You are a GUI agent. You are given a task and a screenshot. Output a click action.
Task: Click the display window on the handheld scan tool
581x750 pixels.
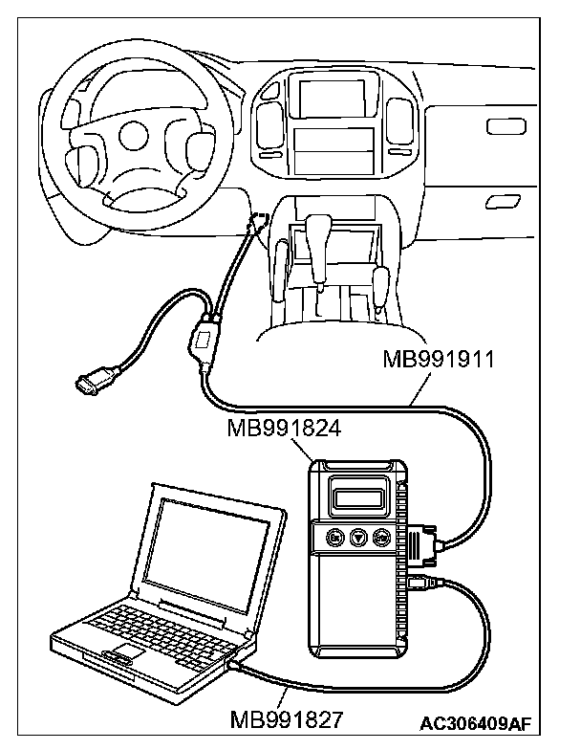tap(362, 497)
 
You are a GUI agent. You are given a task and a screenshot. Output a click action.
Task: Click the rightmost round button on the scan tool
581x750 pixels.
tap(382, 538)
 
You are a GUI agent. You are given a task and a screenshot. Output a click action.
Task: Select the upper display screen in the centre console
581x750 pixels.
tap(332, 98)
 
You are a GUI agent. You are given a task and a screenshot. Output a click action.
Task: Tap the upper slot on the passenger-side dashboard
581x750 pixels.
tap(500, 126)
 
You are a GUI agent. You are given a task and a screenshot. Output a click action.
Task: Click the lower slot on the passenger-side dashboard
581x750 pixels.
tap(500, 200)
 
